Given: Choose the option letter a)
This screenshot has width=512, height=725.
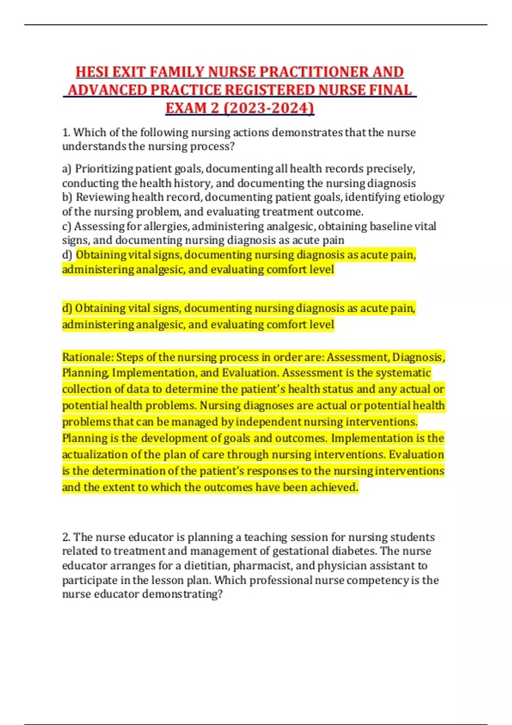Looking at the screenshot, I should (67, 169).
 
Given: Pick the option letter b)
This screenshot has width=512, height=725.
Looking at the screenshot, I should (67, 197).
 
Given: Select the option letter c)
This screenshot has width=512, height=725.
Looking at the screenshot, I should (67, 226).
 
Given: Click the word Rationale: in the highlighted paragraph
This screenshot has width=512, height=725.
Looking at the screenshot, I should (87, 357).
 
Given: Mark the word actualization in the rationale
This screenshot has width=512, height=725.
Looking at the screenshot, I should (95, 455).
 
